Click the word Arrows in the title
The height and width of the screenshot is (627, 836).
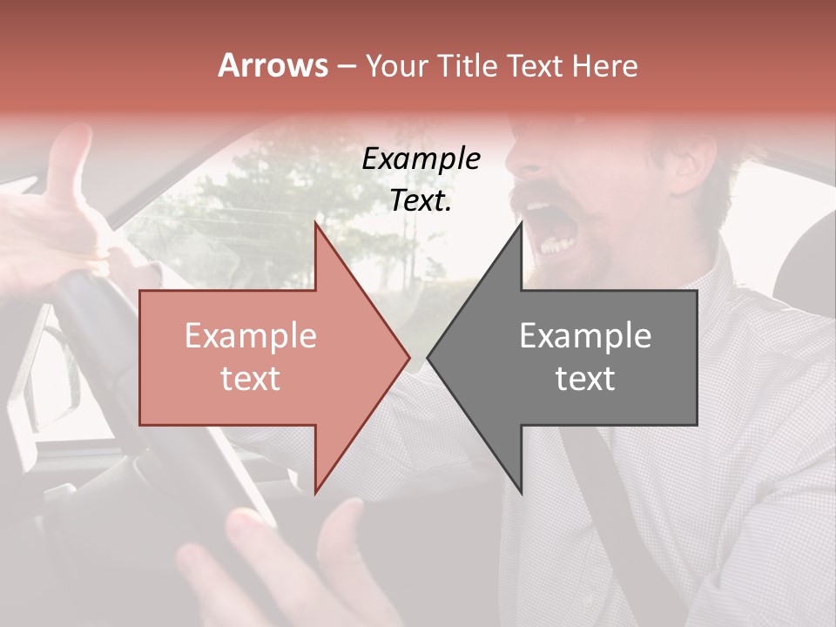click(273, 65)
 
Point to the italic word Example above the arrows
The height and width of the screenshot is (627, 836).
click(421, 158)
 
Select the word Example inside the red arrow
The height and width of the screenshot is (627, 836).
click(251, 335)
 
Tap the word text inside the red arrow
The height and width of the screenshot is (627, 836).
click(251, 379)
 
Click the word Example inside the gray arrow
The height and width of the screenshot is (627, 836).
click(585, 335)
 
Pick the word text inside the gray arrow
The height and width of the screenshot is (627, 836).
click(585, 379)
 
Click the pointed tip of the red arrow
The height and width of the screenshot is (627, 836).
click(408, 357)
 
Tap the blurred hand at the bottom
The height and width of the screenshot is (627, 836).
click(287, 566)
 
